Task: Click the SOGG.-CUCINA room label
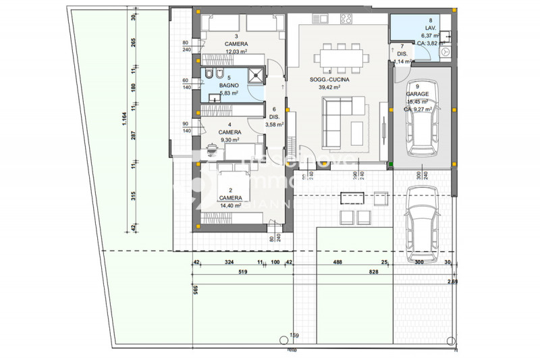(325, 80)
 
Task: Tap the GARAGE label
(416, 94)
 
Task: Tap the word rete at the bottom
(292, 351)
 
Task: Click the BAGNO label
(229, 86)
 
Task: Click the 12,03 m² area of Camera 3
(236, 51)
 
